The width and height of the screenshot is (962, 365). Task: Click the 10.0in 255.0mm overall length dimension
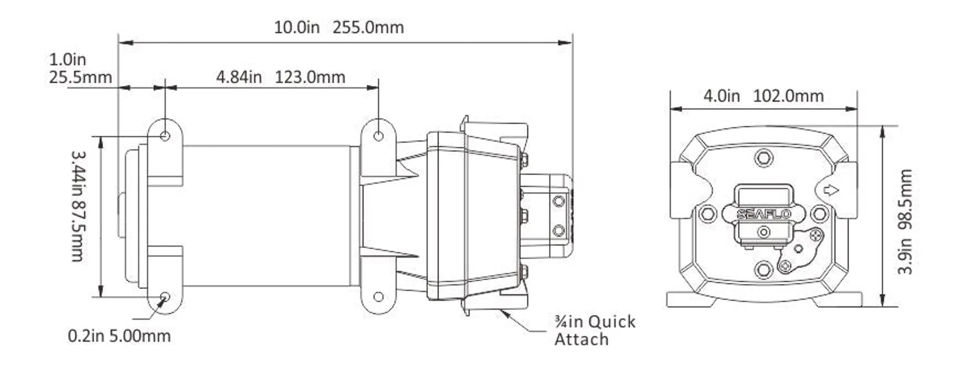339,27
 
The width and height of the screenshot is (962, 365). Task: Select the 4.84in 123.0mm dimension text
281,77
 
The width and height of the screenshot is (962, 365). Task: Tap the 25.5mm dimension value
81,78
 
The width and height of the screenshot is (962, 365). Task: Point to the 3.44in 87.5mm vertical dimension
78,206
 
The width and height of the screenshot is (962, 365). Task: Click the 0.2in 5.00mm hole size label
119,335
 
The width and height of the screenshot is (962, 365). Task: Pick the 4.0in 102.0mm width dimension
764,96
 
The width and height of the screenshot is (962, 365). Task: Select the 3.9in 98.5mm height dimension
905,222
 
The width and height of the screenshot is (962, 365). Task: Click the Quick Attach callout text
595,330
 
